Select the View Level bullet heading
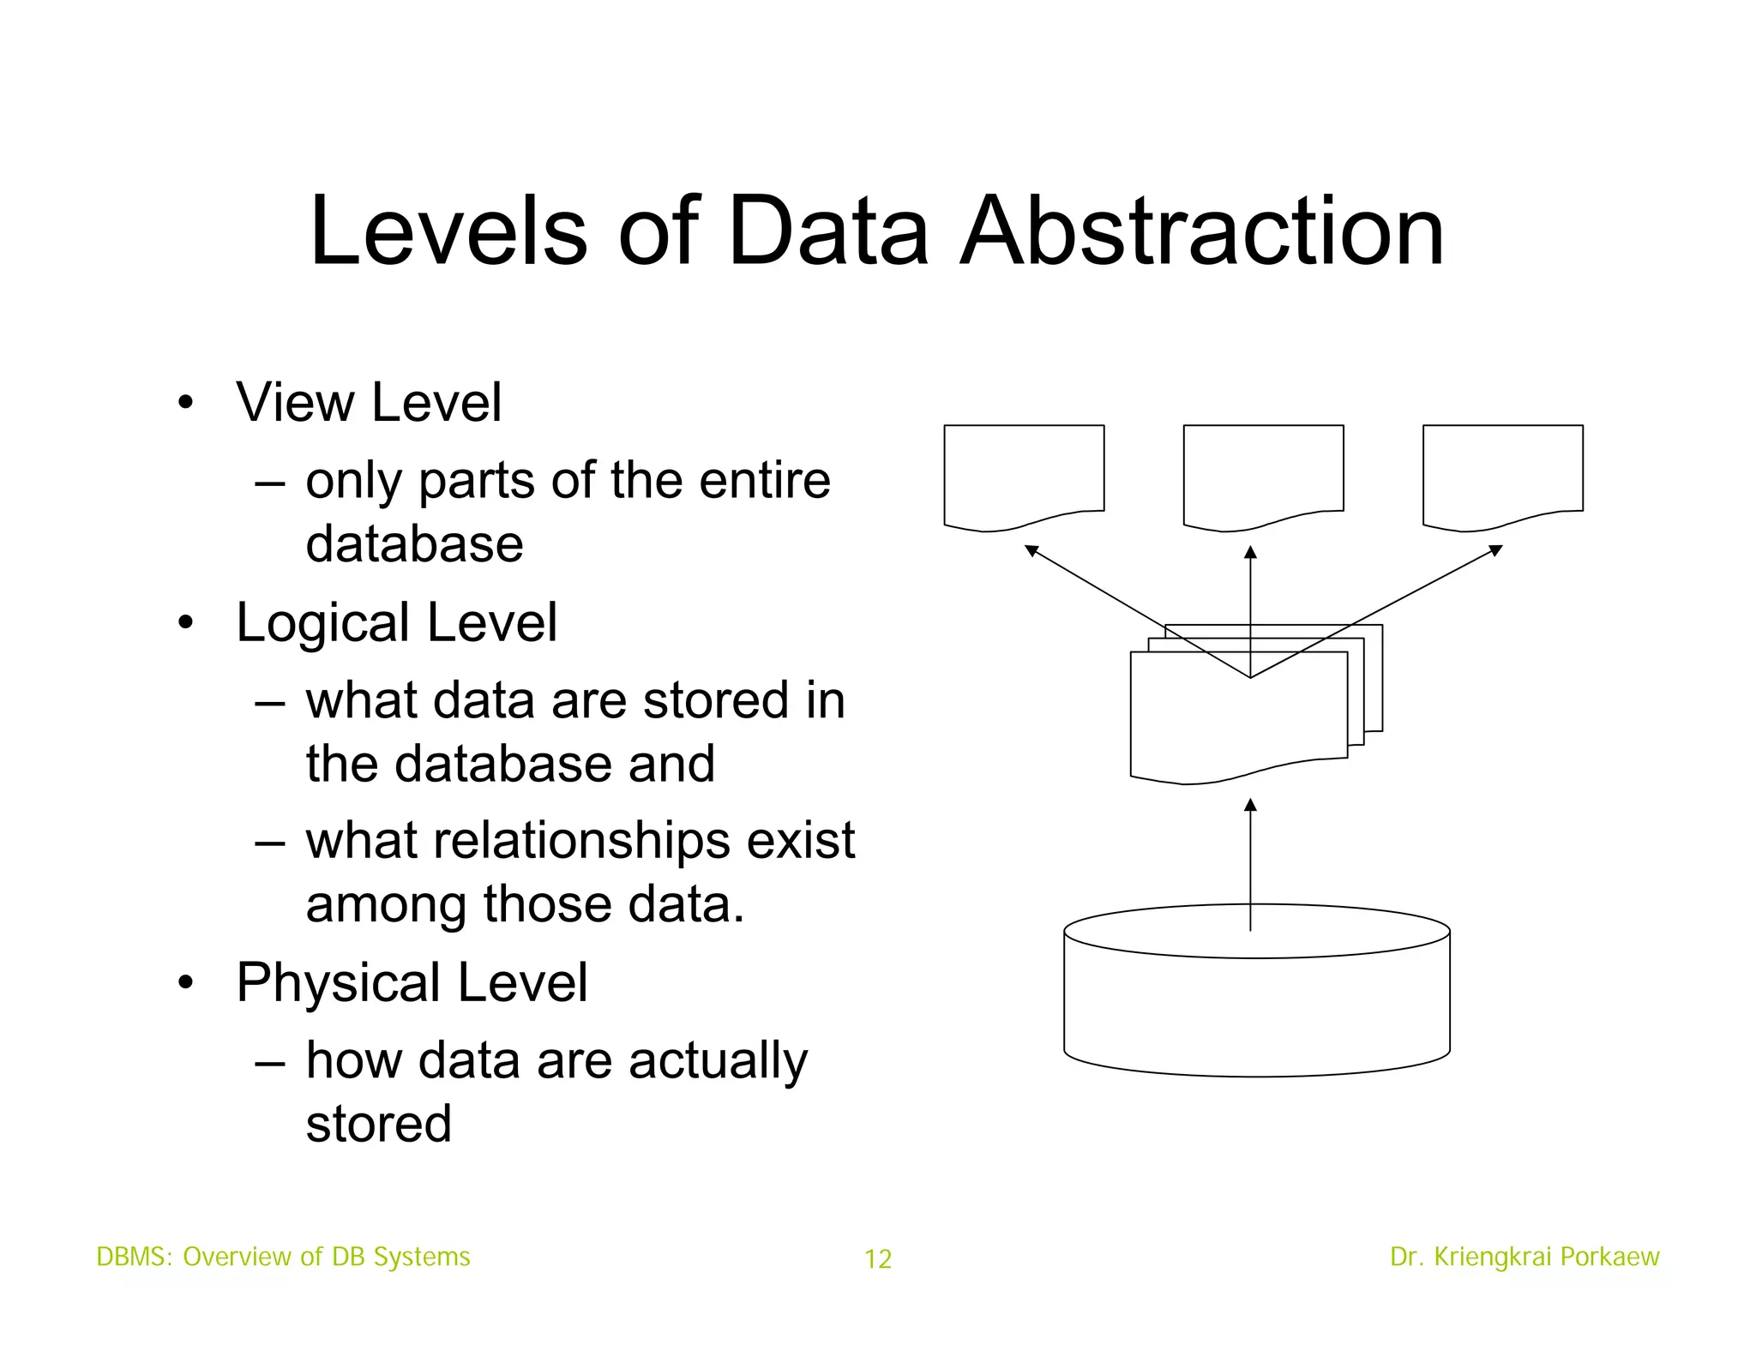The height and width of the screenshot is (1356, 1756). point(369,402)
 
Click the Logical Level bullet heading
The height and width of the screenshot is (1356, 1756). point(396,622)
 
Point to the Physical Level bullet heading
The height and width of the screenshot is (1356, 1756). point(412,982)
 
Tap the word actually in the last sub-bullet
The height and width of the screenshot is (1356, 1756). point(718,1061)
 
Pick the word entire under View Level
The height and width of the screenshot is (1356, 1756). point(765,480)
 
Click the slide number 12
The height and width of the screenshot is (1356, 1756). point(878,1258)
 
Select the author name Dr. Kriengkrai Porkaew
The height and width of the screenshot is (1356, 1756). point(1524,1257)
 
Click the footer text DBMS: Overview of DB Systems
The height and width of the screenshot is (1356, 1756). point(283,1257)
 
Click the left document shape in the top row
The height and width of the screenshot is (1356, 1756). point(1024,471)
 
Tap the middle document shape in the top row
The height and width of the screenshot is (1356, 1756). point(1263,471)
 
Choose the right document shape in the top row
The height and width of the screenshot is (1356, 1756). point(1502,471)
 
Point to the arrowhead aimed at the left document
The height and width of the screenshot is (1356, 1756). point(1032,550)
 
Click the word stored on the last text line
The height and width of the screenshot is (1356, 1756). point(378,1125)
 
